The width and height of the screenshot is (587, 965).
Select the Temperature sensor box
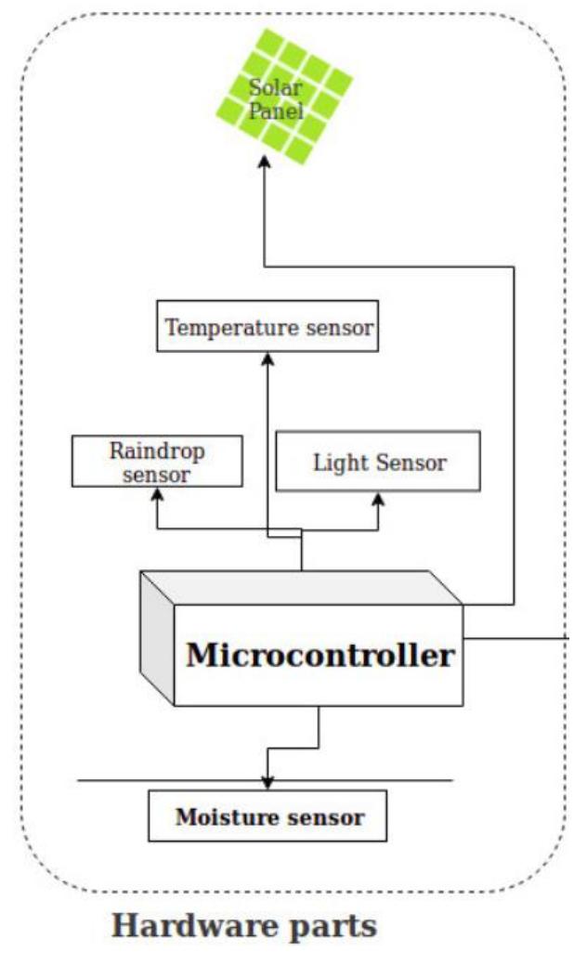point(268,326)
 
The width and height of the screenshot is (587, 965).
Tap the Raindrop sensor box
point(156,462)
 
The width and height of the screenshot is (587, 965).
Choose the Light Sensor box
point(378,462)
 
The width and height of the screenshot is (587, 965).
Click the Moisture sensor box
point(267,816)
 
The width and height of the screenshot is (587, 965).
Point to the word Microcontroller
point(320,655)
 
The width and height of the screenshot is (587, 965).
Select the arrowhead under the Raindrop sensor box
point(156,495)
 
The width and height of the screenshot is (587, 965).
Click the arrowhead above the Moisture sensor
point(267,782)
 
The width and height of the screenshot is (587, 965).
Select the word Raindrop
point(156,451)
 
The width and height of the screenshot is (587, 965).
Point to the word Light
point(335,462)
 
